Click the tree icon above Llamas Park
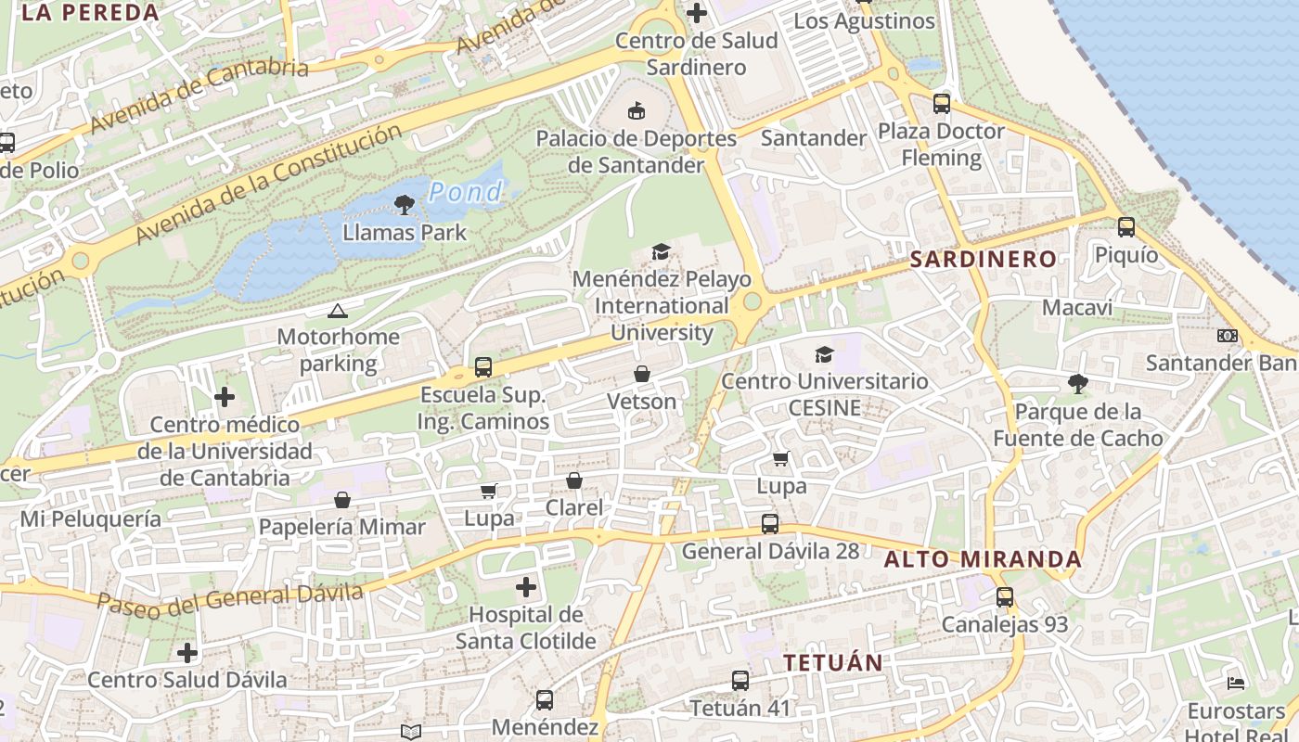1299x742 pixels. (404, 204)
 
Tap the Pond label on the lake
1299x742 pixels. (466, 192)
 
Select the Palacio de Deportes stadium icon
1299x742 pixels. (637, 111)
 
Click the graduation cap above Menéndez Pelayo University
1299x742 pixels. (661, 251)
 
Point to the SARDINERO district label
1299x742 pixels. (983, 259)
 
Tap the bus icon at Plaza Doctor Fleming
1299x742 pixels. (941, 103)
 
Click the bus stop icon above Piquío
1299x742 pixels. (1125, 226)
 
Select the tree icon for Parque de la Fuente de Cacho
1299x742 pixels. (1077, 383)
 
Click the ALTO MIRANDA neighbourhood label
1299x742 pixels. (983, 559)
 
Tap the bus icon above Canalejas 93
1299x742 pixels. (1004, 597)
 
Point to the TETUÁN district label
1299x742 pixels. (832, 662)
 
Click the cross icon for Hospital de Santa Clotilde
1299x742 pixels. (526, 586)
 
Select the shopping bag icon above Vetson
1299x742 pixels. (641, 374)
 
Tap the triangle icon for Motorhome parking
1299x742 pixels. (337, 311)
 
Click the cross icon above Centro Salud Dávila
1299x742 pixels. (187, 653)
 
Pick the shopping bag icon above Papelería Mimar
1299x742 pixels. (342, 500)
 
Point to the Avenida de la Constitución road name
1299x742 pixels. (269, 185)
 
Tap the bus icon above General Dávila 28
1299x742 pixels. (769, 523)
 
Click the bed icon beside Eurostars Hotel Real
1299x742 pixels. (1236, 684)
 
